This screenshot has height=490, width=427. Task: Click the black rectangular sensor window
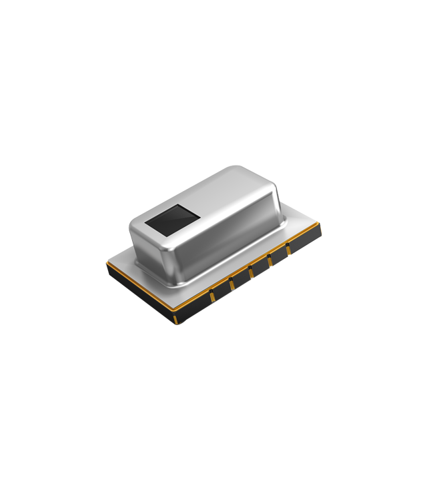[x=171, y=221]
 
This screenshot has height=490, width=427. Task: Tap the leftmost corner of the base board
[x=107, y=262]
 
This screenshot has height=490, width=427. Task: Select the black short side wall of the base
[x=140, y=298]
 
